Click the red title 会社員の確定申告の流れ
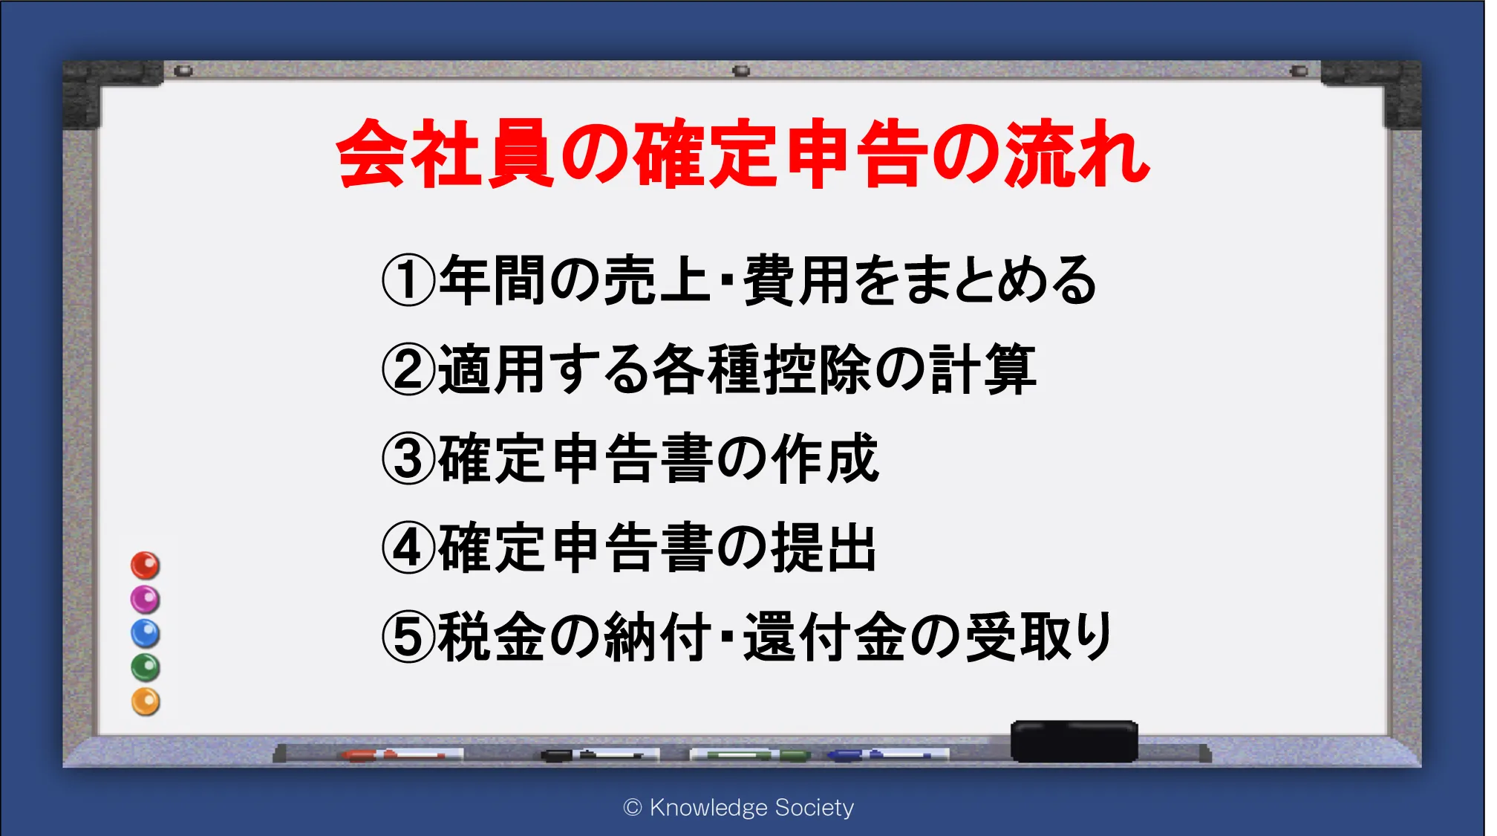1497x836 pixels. tap(743, 153)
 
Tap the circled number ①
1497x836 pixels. tap(408, 280)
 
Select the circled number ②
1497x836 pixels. tap(408, 369)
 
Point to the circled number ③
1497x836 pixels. tap(408, 458)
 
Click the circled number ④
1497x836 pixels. tap(408, 548)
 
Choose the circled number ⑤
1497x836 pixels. tap(408, 637)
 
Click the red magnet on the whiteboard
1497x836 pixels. tap(146, 566)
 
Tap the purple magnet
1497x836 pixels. tap(146, 600)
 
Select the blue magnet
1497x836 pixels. tap(146, 634)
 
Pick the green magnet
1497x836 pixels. tap(146, 668)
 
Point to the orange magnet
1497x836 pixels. tap(146, 702)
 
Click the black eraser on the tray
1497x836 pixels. tap(1074, 741)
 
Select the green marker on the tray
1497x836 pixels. tap(750, 755)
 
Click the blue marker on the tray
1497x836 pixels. tap(887, 755)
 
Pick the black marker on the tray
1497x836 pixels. tap(600, 755)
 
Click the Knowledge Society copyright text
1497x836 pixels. tap(739, 808)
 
